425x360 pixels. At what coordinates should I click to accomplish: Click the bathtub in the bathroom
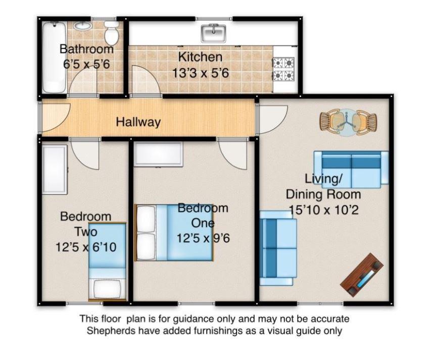pyautogui.click(x=54, y=57)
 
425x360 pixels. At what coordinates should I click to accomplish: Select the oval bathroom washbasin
pyautogui.click(x=83, y=26)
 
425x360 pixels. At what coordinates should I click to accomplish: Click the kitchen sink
pyautogui.click(x=214, y=33)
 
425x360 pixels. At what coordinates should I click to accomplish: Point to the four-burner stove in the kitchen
pyautogui.click(x=284, y=69)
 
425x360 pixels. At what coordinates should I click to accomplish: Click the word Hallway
pyautogui.click(x=138, y=122)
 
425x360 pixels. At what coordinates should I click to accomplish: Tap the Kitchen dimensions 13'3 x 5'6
pyautogui.click(x=201, y=73)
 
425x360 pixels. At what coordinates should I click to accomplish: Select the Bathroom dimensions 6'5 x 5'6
pyautogui.click(x=86, y=64)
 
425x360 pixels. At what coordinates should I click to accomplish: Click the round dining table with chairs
pyautogui.click(x=348, y=122)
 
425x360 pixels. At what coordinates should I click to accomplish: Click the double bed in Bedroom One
pyautogui.click(x=174, y=233)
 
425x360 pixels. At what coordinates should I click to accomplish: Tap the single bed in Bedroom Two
pyautogui.click(x=107, y=262)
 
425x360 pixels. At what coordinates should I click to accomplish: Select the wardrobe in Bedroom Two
pyautogui.click(x=55, y=170)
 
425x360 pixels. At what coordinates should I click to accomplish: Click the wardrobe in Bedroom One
pyautogui.click(x=158, y=153)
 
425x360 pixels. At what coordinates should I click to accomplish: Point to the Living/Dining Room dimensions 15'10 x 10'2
pyautogui.click(x=323, y=210)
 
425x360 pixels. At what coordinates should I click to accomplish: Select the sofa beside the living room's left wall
pyautogui.click(x=278, y=248)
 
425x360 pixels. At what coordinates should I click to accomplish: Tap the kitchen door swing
pyautogui.click(x=146, y=81)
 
